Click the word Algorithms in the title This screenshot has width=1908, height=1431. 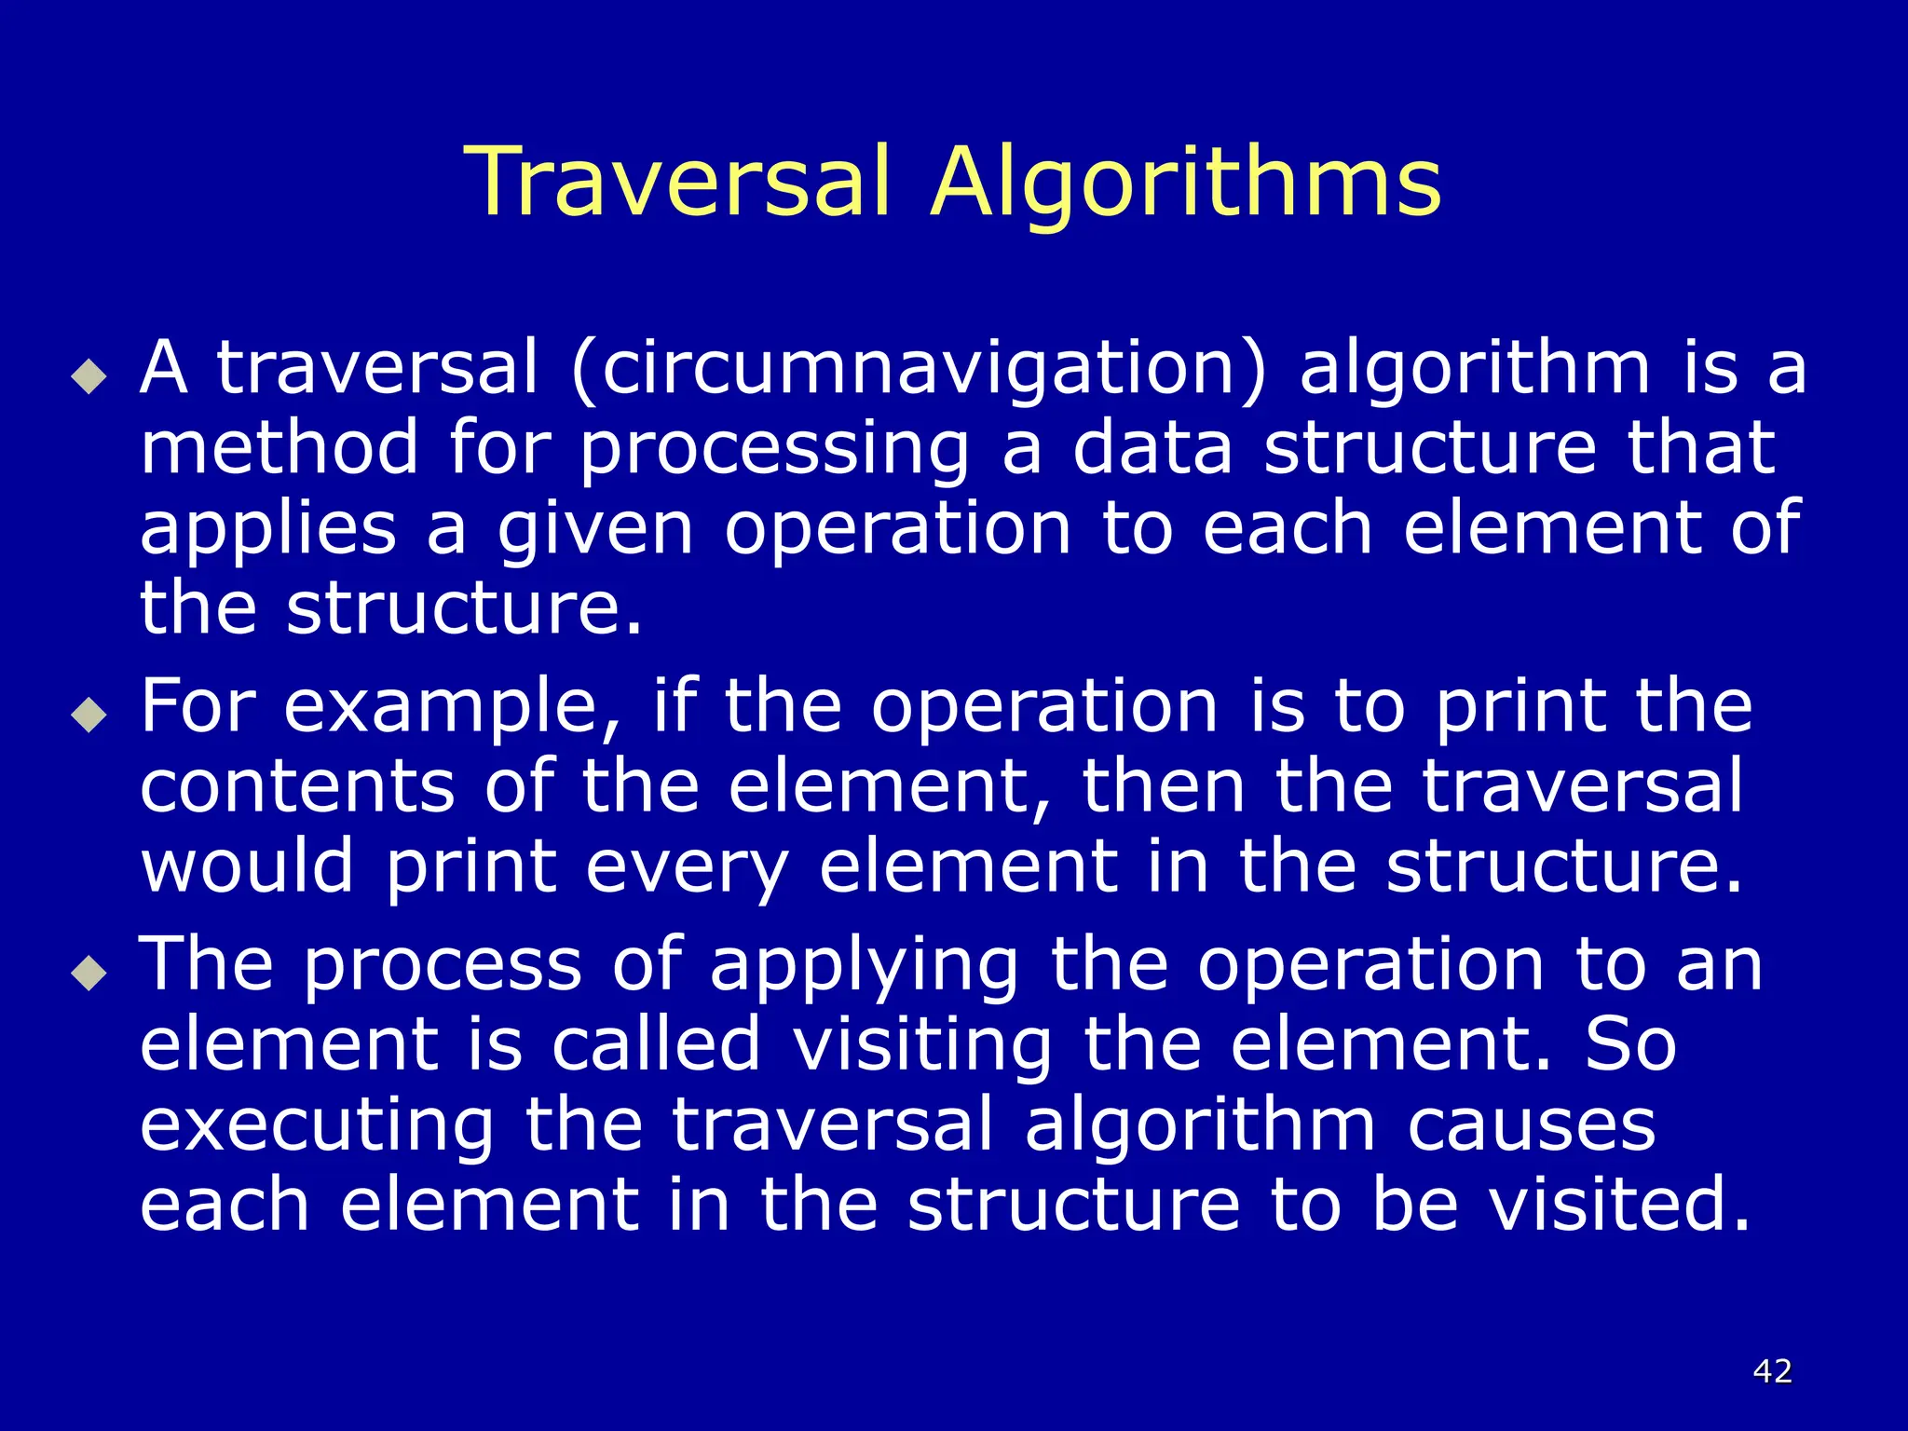click(1186, 184)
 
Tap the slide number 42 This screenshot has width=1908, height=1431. click(1772, 1370)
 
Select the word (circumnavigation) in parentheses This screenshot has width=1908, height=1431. click(920, 368)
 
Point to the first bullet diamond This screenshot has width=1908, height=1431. click(89, 377)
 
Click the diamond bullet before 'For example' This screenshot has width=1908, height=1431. click(89, 715)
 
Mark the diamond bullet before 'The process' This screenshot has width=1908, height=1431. click(89, 974)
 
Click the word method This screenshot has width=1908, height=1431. click(279, 447)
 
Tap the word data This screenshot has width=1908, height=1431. click(1152, 447)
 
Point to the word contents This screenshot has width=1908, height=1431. click(297, 785)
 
